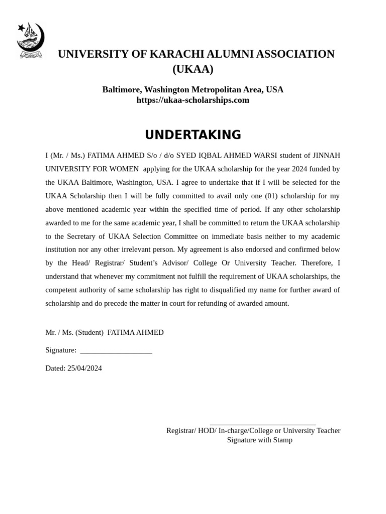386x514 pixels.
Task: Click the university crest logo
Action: click(x=31, y=40)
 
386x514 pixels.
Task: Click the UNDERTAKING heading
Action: click(x=193, y=135)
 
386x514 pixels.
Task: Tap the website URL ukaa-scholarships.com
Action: click(x=193, y=100)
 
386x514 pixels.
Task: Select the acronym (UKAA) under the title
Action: click(x=193, y=69)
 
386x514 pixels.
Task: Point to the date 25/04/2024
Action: click(x=84, y=368)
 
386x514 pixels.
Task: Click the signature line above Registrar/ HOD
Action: click(x=262, y=425)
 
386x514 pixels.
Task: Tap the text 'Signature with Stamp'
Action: click(x=259, y=440)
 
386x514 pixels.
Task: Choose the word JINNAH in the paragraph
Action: click(x=326, y=155)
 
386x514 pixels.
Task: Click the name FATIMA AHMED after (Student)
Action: click(x=136, y=332)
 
